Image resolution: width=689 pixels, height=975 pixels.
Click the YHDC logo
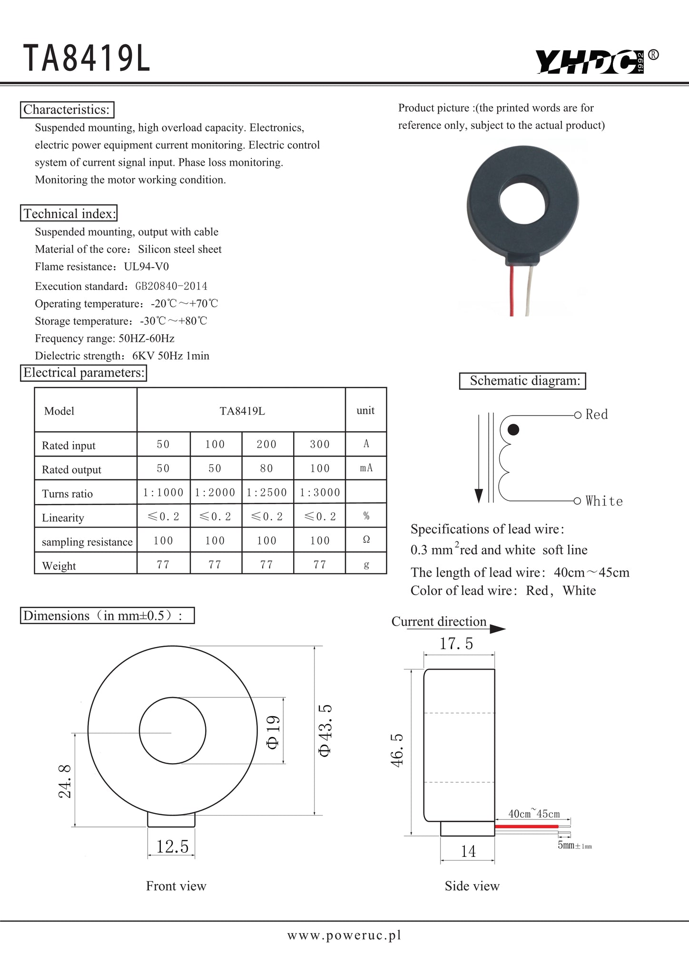(590, 62)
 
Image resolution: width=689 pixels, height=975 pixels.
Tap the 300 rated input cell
(319, 444)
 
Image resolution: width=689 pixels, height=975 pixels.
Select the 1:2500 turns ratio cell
(267, 492)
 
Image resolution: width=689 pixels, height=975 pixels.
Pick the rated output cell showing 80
(266, 468)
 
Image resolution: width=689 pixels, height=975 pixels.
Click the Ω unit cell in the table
(366, 539)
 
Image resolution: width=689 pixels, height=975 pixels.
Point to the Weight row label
(59, 566)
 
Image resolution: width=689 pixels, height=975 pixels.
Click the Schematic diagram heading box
(522, 381)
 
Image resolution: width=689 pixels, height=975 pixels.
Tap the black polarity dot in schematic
(513, 430)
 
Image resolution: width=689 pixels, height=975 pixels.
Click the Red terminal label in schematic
(597, 415)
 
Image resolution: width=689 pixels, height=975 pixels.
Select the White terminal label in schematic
(604, 501)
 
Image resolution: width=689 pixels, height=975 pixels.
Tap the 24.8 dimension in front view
(65, 781)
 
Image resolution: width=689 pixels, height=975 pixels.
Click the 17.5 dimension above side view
(456, 644)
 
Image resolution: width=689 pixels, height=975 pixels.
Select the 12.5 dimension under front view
(172, 846)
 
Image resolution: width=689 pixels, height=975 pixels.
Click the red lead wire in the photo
(512, 290)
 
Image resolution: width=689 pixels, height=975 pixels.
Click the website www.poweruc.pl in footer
(344, 935)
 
